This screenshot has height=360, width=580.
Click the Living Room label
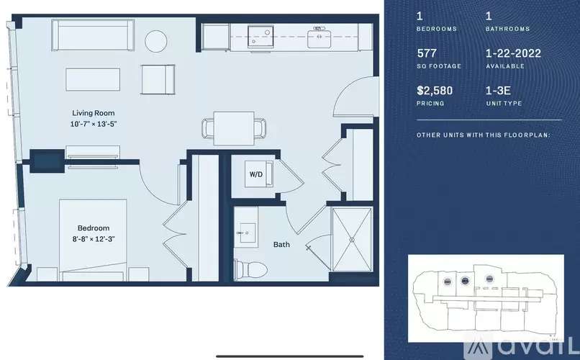point(94,113)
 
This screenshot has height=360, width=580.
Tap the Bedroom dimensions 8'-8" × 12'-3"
point(94,239)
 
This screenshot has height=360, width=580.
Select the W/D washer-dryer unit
point(258,174)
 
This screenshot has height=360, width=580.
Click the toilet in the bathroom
point(251,269)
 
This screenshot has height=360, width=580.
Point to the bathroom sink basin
point(246,233)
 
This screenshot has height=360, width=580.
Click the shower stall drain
point(352,240)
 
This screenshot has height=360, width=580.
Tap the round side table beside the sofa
point(155,41)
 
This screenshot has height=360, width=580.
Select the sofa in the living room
point(93,35)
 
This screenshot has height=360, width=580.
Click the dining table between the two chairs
point(234,128)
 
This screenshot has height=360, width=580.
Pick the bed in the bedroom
point(93,240)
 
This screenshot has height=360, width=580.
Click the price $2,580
point(435,91)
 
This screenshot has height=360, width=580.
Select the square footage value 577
point(427,53)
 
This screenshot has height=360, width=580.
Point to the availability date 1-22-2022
point(513,53)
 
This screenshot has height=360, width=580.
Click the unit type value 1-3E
point(498,91)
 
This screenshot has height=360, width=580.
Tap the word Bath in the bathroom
point(281,245)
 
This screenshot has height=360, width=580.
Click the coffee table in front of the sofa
point(93,79)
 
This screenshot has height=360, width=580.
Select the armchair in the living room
point(158,79)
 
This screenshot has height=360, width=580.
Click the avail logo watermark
point(522,347)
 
